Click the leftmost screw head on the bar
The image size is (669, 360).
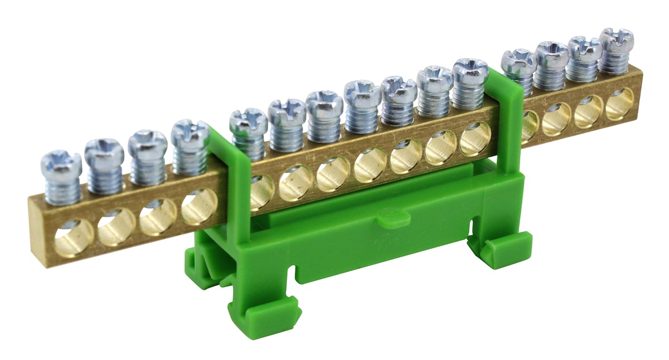point(61,162)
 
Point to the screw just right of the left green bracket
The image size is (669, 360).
point(248,120)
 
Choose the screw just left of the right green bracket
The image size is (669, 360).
point(470,69)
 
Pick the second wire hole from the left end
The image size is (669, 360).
point(116,226)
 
